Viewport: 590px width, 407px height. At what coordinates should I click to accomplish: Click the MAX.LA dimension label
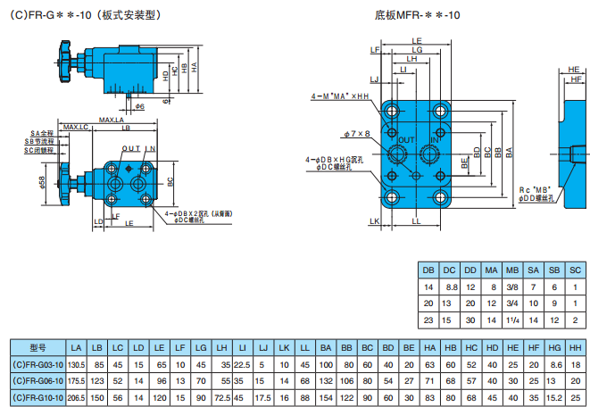111,120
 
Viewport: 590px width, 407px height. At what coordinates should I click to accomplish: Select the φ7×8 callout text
355,134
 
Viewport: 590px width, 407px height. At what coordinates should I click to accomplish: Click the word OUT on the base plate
406,141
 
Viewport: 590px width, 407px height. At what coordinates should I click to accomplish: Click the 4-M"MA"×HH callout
339,96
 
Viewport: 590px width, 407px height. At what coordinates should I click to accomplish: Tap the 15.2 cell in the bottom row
554,396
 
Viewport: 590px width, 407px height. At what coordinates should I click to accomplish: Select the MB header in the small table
511,270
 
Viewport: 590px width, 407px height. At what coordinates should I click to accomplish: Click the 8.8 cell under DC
449,287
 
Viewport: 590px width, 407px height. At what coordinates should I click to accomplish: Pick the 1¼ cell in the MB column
511,319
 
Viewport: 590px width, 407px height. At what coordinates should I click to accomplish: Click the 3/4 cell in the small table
511,303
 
